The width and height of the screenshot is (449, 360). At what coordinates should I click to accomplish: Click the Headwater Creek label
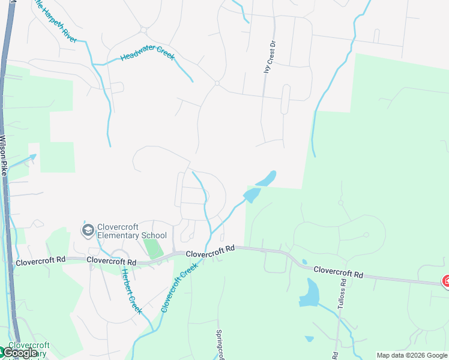[147, 55]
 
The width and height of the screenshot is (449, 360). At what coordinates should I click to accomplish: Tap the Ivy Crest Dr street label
[271, 56]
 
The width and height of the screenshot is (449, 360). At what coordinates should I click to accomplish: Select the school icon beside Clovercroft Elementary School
[88, 230]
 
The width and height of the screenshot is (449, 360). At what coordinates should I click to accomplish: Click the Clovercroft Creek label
[179, 289]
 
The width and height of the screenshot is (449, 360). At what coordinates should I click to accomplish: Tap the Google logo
[19, 353]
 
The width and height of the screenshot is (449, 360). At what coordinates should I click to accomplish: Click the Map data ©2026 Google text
[412, 355]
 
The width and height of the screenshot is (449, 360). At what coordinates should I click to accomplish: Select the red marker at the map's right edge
[446, 280]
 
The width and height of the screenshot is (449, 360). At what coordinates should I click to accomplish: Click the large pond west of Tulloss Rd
[310, 293]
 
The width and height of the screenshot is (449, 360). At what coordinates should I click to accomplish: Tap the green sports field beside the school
[154, 247]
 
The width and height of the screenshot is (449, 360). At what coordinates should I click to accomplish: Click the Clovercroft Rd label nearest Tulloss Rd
[339, 274]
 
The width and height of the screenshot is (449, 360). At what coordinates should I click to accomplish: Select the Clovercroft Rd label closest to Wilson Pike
[40, 262]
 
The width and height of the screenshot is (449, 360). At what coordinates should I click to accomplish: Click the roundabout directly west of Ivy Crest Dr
[217, 83]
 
